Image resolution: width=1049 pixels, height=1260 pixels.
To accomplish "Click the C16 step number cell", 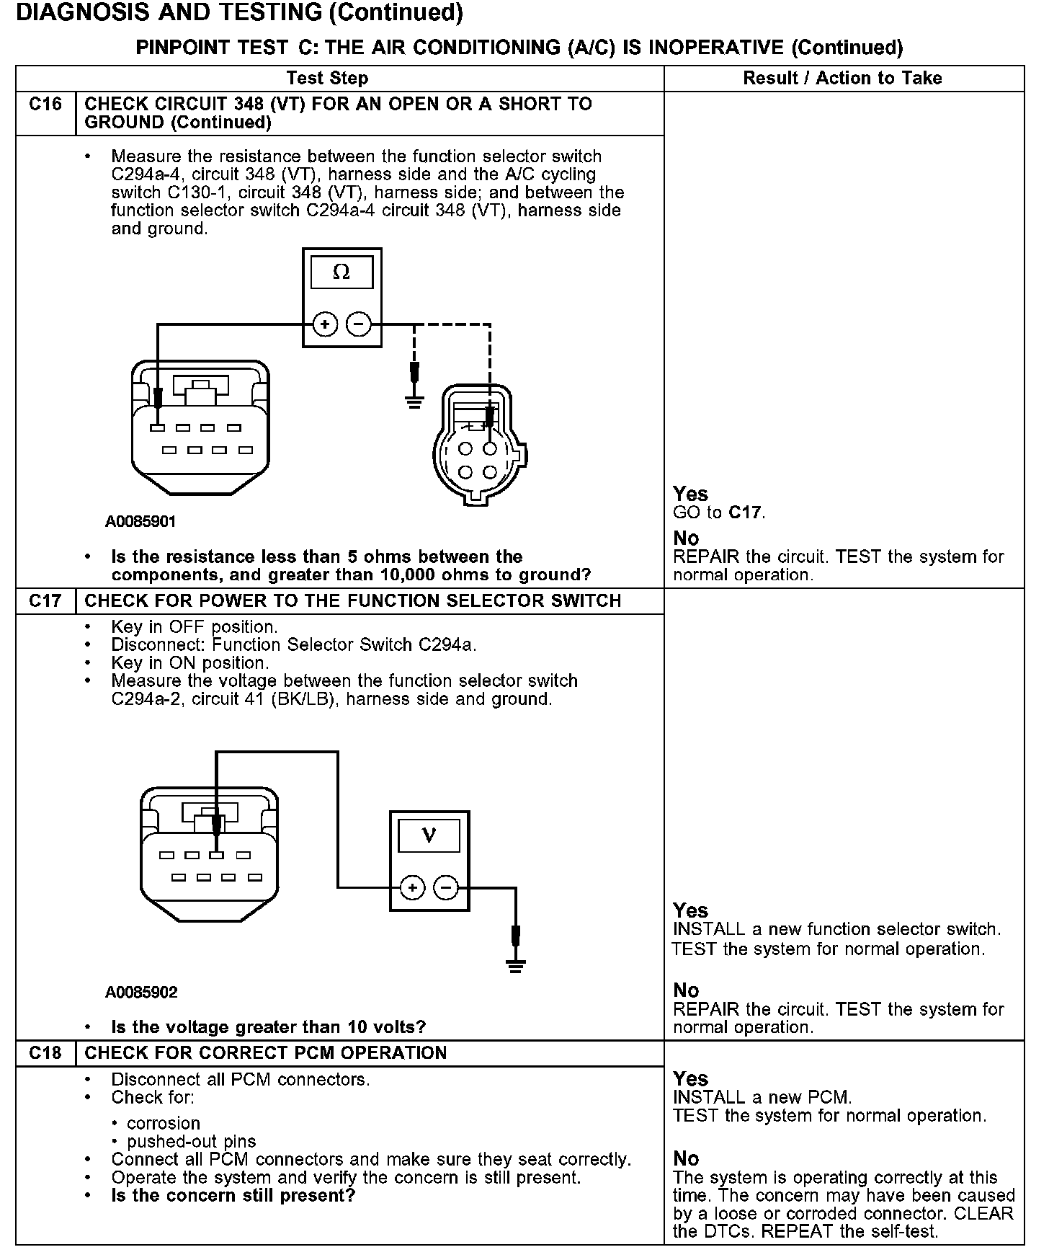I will tap(45, 105).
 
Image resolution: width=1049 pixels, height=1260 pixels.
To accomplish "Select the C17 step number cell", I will tap(45, 601).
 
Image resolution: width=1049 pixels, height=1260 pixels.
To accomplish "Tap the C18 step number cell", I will tap(45, 1053).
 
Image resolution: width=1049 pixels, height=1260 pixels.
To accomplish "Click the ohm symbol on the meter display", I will tap(342, 272).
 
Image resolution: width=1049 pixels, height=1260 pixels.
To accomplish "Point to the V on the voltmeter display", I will tap(429, 835).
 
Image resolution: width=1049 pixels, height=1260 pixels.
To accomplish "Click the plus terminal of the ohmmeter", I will tap(326, 325).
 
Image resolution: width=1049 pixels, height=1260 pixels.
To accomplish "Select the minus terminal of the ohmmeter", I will tap(358, 325).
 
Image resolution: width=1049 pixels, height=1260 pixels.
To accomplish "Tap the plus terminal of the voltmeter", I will tap(413, 887).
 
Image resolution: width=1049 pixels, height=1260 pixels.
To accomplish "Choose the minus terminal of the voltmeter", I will tap(446, 887).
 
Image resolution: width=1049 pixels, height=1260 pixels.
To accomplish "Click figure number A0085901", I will tap(140, 521).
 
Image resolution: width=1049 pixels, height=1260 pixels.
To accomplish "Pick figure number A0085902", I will tap(141, 993).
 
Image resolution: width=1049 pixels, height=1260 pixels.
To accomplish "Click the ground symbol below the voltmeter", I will tap(516, 965).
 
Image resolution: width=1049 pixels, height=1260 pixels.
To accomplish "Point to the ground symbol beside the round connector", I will tap(414, 401).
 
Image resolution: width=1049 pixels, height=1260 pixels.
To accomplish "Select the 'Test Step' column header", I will tap(327, 78).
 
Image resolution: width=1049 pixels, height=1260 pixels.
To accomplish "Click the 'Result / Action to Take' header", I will tap(842, 78).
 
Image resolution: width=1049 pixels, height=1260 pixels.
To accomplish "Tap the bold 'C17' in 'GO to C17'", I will tap(744, 513).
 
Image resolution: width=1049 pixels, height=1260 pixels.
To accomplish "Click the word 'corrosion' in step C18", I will tap(164, 1123).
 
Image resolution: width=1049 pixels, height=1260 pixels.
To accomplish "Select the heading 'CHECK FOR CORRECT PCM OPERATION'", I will tap(266, 1053).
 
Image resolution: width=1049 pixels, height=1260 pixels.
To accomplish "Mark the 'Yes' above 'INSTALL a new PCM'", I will tap(690, 1079).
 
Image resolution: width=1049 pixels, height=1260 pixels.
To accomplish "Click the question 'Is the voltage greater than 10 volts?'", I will tap(268, 1026).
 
